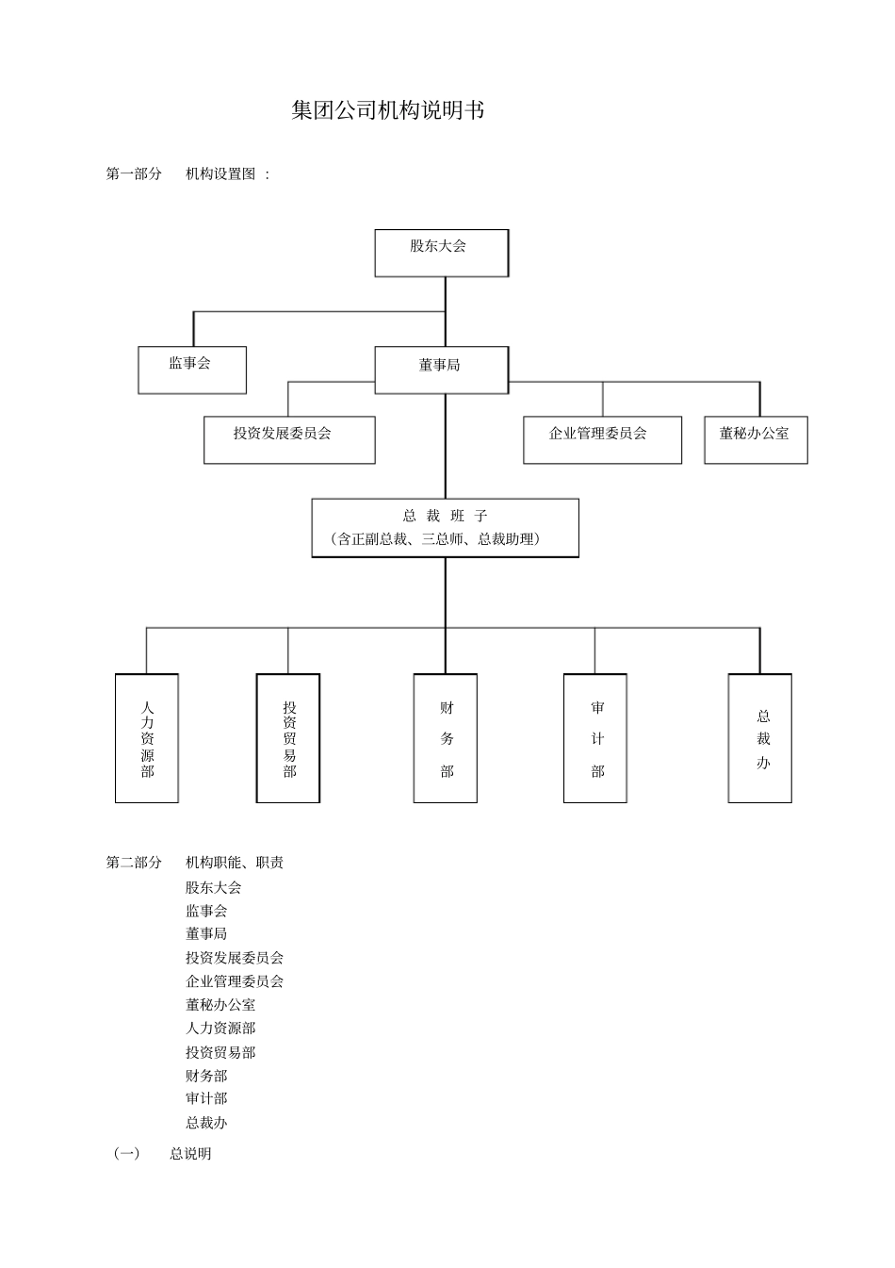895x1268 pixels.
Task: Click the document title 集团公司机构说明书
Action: (388, 111)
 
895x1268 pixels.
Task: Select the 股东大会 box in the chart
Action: (441, 253)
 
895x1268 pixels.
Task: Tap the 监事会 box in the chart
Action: (192, 370)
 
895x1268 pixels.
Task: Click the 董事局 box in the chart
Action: (441, 370)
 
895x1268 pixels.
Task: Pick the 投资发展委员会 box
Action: (289, 439)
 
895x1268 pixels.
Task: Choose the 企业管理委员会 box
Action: (602, 439)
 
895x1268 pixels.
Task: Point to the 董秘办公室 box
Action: (756, 439)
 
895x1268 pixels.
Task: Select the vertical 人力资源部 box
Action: (147, 738)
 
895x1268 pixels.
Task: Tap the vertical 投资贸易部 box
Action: (288, 738)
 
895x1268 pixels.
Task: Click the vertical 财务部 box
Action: (446, 738)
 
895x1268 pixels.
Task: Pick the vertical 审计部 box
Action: (595, 738)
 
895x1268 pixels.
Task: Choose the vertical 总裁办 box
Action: (760, 738)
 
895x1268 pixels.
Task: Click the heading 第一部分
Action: (134, 174)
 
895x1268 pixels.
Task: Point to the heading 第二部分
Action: (134, 863)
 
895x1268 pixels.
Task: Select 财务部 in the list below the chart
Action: (206, 1076)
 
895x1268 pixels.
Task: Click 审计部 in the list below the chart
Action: (206, 1098)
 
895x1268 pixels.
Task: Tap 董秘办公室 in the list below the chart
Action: (220, 1005)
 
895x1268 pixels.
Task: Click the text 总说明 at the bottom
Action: (190, 1154)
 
